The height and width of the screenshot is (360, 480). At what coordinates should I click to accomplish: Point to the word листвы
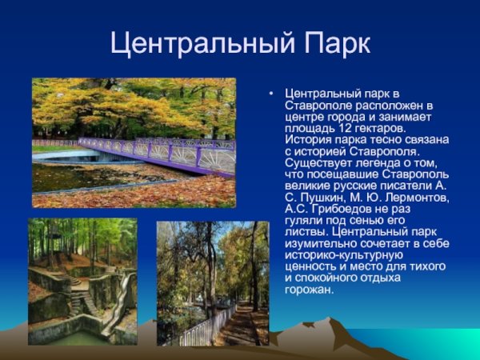304,232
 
